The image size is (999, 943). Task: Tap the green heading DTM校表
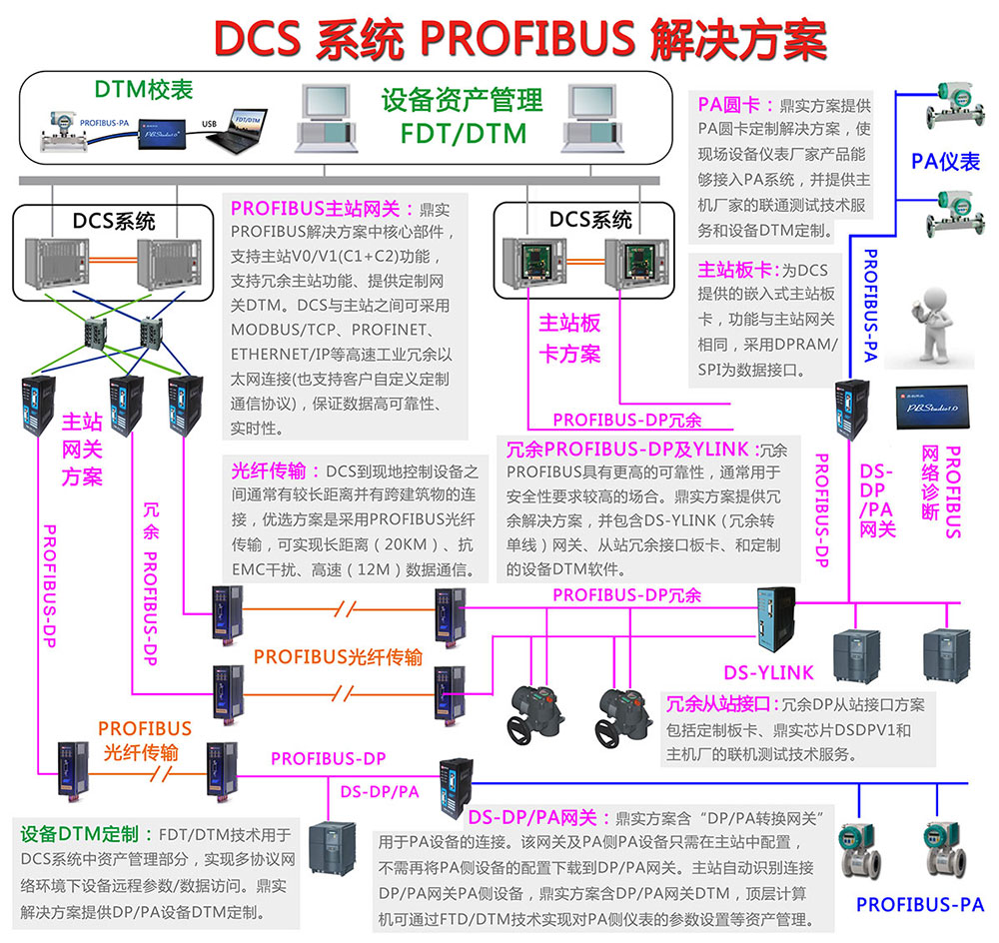pos(143,90)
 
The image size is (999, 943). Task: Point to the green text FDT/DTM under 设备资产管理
pos(462,133)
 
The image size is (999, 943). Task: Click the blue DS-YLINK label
pos(768,672)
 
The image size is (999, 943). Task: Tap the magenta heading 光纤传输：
pos(276,471)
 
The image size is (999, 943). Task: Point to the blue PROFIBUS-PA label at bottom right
pos(920,905)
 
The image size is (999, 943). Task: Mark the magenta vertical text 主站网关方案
pos(82,449)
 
